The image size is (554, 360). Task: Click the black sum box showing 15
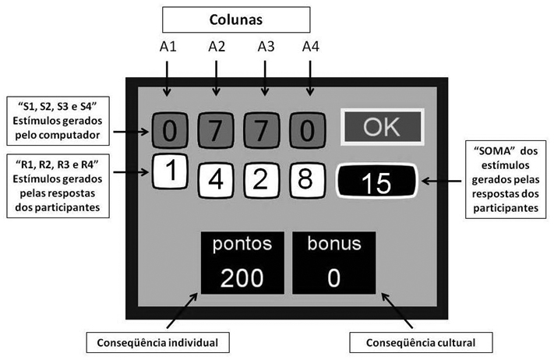tap(376, 183)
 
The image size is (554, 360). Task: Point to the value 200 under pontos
tap(241, 277)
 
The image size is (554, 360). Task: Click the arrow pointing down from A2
tap(217, 78)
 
